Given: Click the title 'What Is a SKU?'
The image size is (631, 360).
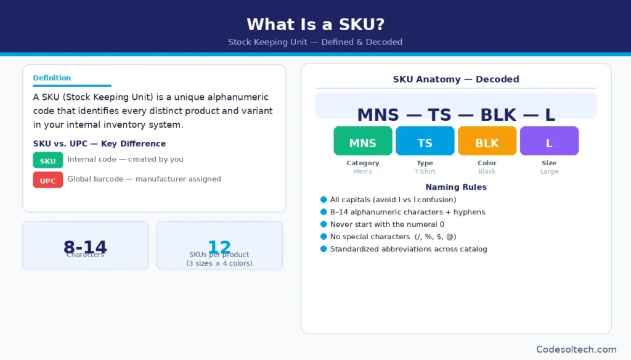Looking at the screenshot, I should click(x=315, y=24).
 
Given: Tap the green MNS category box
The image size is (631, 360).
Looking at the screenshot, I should click(x=363, y=141).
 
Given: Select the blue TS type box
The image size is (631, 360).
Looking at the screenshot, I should click(x=425, y=141).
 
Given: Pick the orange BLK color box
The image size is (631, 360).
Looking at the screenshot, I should click(x=487, y=141).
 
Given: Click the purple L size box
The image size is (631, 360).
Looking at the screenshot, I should click(x=549, y=141).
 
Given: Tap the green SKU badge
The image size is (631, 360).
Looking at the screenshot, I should click(x=48, y=160).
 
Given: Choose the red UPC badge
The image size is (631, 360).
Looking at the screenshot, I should click(x=48, y=180).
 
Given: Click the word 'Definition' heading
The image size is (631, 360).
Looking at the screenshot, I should click(x=52, y=78).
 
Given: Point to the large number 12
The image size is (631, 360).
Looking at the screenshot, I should click(x=219, y=247).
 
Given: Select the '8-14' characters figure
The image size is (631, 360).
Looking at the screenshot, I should click(x=85, y=247).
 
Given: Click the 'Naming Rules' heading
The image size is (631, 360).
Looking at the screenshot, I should click(x=455, y=187).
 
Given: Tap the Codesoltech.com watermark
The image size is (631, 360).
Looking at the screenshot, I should click(x=576, y=349).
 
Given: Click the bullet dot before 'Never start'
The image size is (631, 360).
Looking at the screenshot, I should click(x=324, y=224).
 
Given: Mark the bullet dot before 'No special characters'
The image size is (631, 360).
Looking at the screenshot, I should click(x=324, y=237).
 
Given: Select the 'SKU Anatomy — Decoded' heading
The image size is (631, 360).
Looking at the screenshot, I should click(x=456, y=79).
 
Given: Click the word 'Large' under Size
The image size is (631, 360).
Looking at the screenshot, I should click(x=549, y=171).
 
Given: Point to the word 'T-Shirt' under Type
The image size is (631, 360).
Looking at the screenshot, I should click(x=425, y=171).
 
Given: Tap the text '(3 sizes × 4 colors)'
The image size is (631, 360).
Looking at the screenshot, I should click(x=219, y=263).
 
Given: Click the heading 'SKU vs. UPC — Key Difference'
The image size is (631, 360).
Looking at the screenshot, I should click(x=99, y=144).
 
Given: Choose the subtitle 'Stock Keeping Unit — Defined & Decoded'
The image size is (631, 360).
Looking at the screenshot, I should click(x=315, y=42).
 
